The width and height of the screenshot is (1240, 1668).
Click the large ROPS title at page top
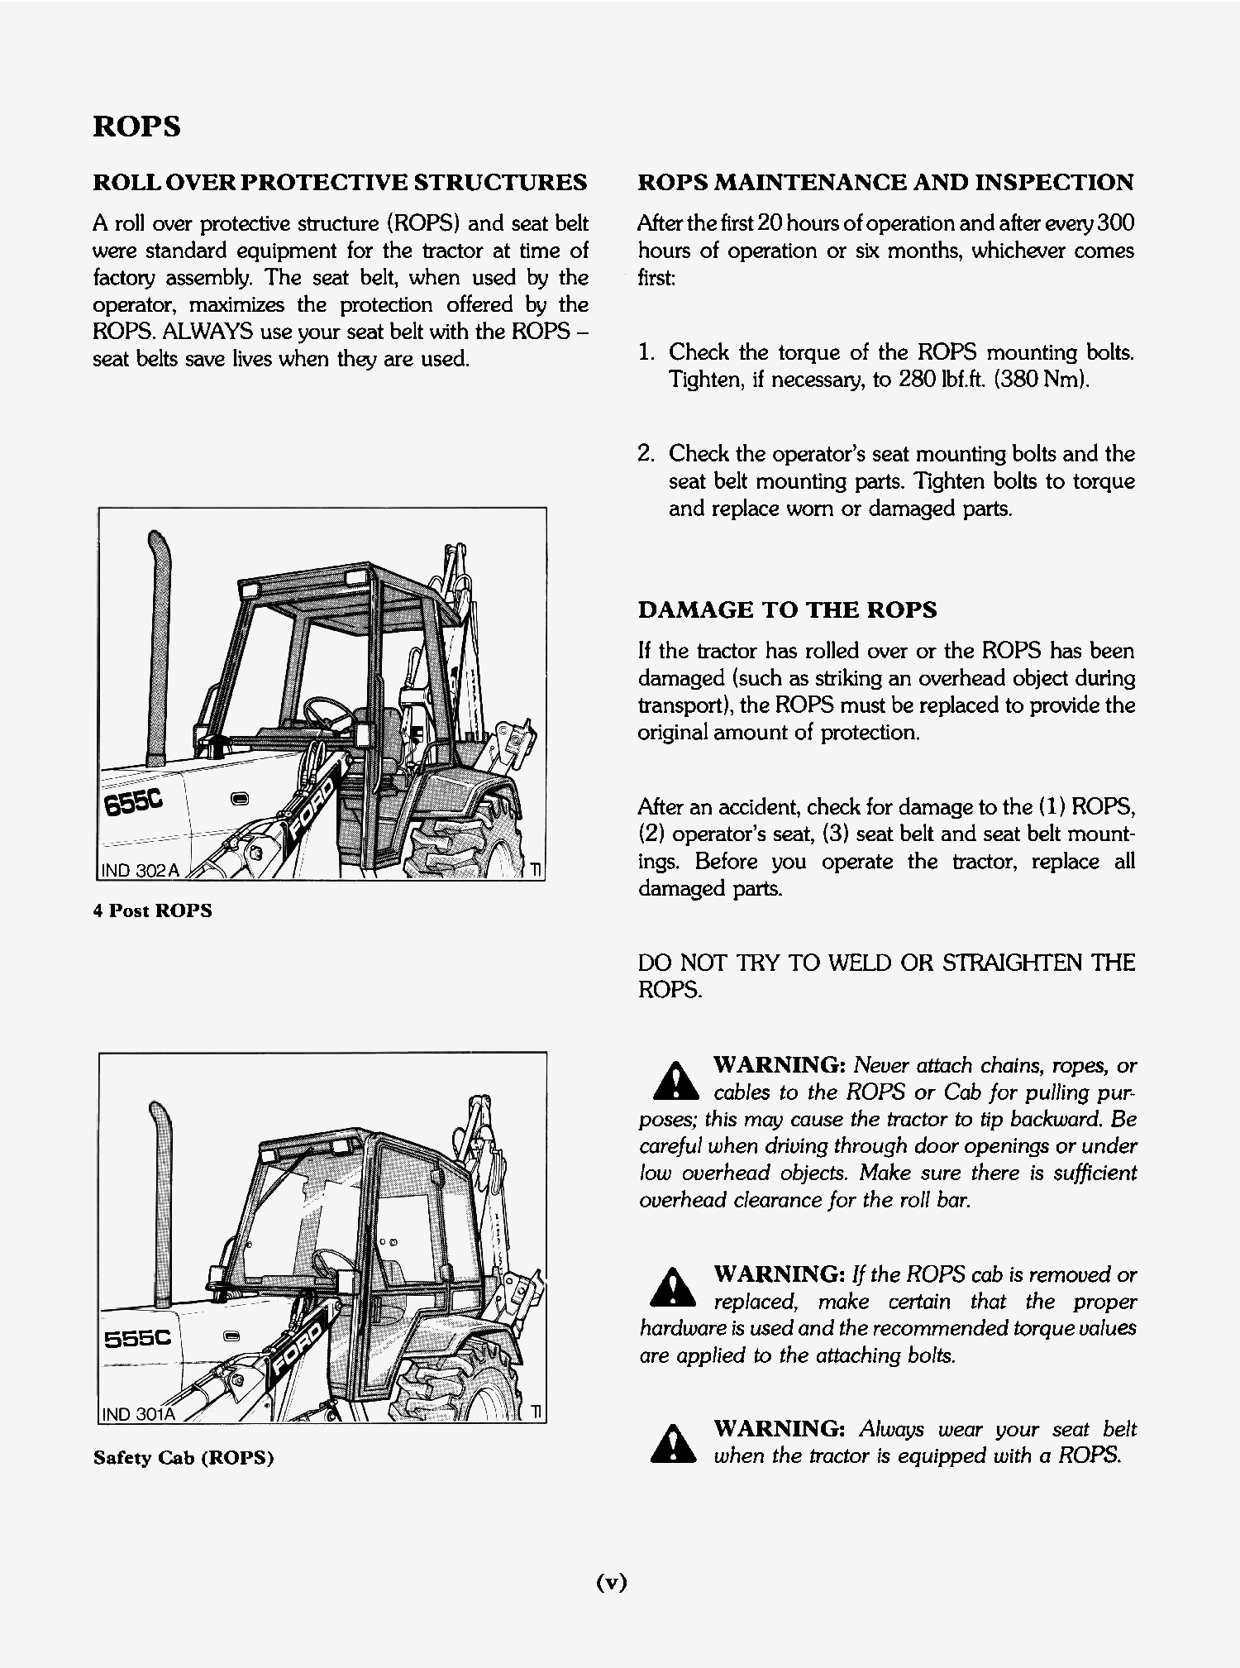coord(136,127)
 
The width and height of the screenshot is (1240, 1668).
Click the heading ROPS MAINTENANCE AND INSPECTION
coord(885,183)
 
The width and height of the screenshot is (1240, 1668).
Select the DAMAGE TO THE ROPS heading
coord(787,610)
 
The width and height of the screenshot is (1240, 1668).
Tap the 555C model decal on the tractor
coord(137,1338)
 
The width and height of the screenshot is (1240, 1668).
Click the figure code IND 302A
coord(140,871)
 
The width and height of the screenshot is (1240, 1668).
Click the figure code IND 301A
coord(138,1414)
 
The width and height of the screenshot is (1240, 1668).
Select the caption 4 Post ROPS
coord(152,911)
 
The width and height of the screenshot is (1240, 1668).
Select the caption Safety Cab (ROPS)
coord(183,1457)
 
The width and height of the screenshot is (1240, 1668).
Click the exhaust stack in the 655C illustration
coord(155,645)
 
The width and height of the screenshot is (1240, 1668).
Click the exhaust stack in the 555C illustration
coord(162,1199)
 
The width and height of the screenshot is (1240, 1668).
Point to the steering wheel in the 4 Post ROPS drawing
coord(324,710)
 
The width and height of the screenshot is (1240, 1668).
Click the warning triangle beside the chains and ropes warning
coord(675,1080)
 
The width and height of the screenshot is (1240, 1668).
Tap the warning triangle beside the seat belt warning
coord(674,1444)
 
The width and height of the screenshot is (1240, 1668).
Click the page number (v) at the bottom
coord(612,1582)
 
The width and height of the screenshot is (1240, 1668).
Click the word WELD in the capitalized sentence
coord(861,963)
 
